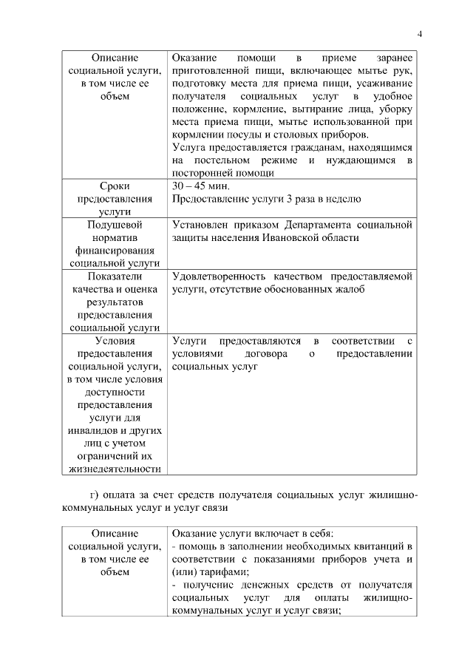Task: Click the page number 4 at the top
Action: click(419, 34)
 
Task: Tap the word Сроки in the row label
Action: click(115, 186)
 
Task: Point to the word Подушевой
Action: click(115, 225)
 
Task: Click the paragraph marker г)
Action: click(93, 495)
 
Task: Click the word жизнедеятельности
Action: click(115, 469)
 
